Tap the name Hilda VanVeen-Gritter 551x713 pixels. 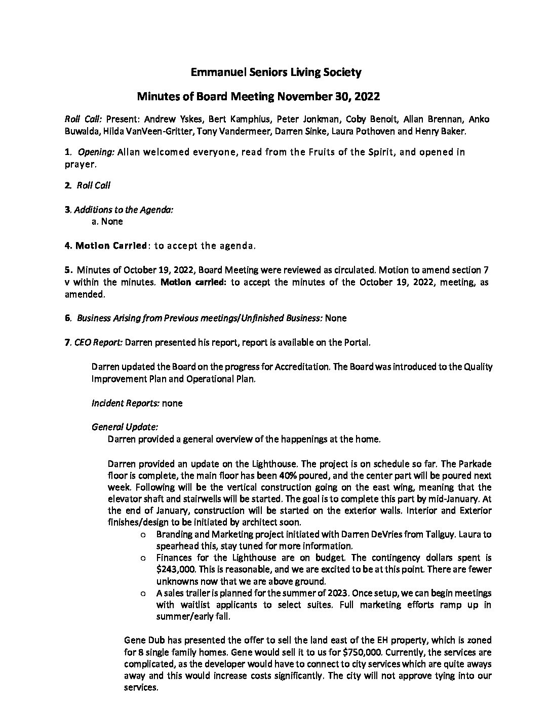[147, 132]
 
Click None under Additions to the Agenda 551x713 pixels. [112, 221]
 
